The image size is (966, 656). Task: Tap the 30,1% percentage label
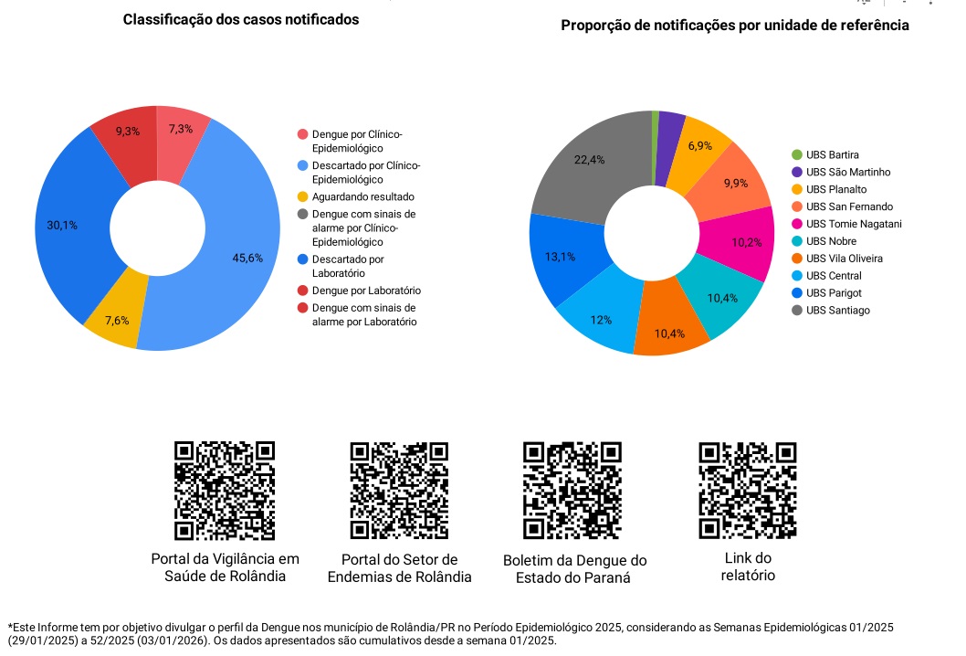(x=62, y=225)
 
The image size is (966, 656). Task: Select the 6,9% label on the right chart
(x=700, y=146)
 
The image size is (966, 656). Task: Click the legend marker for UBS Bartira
(x=797, y=155)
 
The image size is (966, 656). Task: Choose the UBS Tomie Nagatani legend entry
(x=846, y=224)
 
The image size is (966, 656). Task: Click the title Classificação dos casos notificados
(x=241, y=19)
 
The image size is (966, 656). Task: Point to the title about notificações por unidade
(x=734, y=26)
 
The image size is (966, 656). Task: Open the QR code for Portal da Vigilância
(x=225, y=491)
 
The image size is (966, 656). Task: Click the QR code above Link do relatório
(x=747, y=491)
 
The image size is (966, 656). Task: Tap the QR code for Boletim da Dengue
(x=572, y=491)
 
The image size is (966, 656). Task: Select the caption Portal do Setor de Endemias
(x=399, y=568)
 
